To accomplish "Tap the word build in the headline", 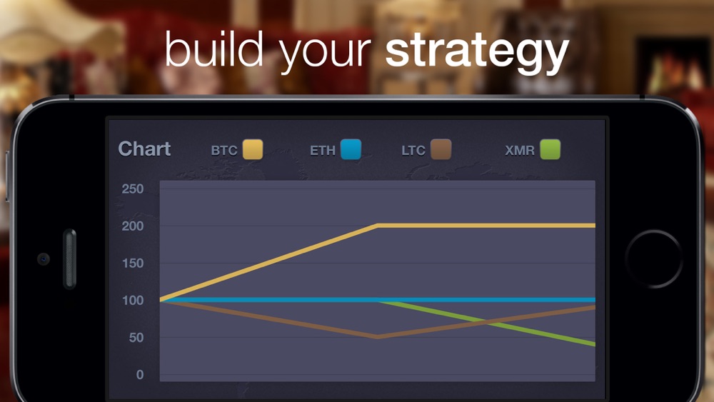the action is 214,49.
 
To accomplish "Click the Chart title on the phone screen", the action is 144,149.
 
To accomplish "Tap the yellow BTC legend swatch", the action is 253,149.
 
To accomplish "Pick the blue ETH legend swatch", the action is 351,149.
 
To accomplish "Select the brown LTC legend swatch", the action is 441,149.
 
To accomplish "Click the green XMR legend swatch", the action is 550,149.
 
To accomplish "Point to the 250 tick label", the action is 133,189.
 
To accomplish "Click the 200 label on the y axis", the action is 133,226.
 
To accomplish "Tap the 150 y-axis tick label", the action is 133,263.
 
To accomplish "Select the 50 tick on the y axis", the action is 136,337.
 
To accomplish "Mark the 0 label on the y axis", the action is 140,375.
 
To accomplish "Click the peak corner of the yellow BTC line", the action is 378,226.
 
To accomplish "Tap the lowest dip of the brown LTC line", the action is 378,337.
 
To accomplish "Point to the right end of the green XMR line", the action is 594,344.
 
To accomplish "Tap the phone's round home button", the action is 654,259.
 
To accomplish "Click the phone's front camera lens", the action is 44,259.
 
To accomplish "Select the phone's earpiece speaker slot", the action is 70,258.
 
